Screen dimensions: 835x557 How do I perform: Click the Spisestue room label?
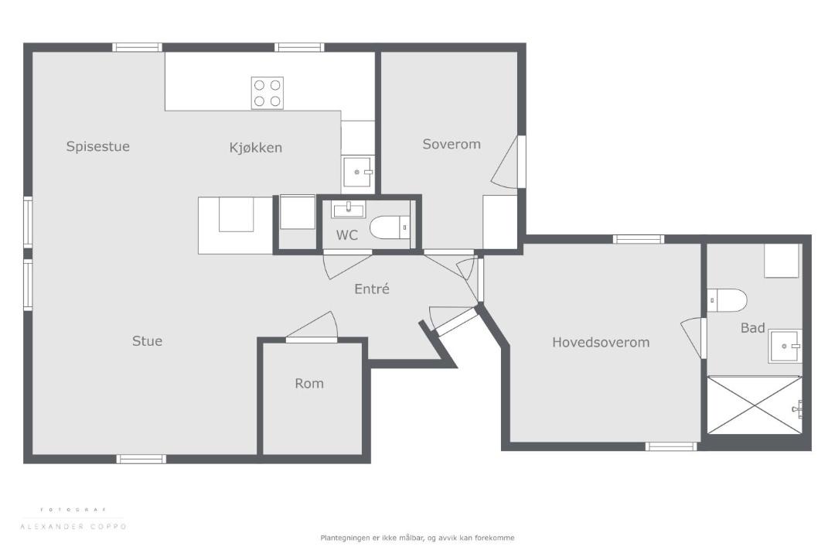(98, 146)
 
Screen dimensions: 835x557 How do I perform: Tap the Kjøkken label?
(256, 148)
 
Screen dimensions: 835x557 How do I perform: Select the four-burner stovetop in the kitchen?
(268, 93)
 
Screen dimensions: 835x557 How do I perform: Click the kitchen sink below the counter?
(357, 172)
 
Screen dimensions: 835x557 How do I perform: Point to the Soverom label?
(452, 144)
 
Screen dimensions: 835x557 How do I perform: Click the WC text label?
(346, 235)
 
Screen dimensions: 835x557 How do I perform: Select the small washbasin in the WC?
(349, 210)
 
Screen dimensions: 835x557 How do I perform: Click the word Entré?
(372, 289)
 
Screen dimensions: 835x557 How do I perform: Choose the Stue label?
(147, 341)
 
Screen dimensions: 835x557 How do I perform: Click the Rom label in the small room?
(309, 383)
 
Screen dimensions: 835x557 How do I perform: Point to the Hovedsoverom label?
(601, 342)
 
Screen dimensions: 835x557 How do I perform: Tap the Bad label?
(753, 328)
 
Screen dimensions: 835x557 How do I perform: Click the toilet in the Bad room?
(728, 300)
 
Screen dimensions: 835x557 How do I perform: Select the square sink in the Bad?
(785, 347)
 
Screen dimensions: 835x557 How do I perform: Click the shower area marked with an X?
(755, 405)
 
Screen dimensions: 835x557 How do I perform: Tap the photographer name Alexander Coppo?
(73, 527)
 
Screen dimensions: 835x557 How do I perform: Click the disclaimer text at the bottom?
(417, 538)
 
